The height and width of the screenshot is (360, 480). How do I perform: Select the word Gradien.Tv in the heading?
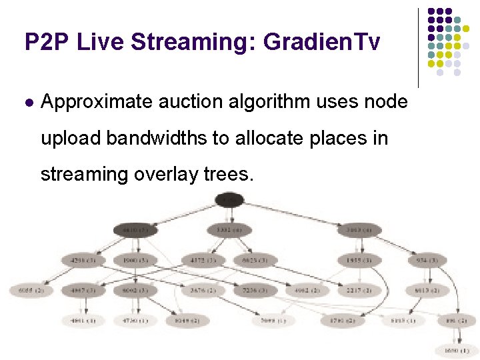322,42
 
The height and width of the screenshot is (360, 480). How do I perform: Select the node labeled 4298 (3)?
83,260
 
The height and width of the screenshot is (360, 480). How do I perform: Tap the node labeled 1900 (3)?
135,260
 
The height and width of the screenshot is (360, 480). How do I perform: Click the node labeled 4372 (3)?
201,260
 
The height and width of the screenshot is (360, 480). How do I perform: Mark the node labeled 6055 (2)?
30,291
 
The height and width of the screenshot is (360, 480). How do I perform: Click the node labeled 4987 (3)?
83,291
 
